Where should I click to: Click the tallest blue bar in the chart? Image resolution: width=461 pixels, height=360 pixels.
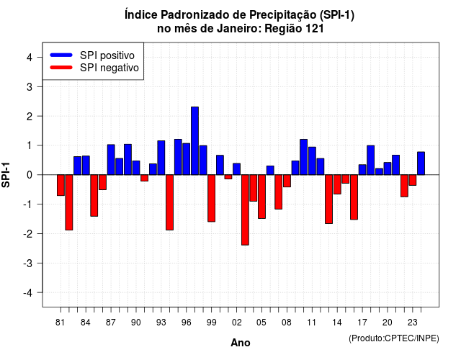click(194, 141)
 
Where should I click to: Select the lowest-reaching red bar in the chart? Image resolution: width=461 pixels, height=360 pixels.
click(245, 210)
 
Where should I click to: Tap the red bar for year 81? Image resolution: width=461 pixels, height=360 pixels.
click(61, 185)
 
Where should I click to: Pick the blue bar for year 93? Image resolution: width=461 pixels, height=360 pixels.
click(161, 158)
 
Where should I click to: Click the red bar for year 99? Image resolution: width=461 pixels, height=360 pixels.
click(211, 198)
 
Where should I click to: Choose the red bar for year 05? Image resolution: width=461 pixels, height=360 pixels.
click(261, 197)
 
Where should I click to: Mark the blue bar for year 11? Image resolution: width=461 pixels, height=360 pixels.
click(312, 161)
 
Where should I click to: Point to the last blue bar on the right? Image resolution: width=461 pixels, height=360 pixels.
click(421, 163)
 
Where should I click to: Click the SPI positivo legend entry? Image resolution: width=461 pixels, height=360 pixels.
click(92, 55)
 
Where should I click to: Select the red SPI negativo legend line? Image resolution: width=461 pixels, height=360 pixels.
click(61, 68)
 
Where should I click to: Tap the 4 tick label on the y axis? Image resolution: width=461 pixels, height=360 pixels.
click(30, 58)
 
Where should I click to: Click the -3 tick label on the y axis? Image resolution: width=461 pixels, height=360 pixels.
click(28, 263)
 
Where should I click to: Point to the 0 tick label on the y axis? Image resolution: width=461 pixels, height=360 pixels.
click(30, 175)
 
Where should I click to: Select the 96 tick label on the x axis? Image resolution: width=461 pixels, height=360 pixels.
click(186, 323)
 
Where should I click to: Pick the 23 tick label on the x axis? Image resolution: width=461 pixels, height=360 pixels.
click(413, 323)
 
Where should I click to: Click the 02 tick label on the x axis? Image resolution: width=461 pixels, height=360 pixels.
click(237, 323)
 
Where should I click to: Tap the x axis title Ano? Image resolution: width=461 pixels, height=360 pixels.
click(241, 343)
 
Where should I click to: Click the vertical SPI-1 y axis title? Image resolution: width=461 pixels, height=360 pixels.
click(6, 175)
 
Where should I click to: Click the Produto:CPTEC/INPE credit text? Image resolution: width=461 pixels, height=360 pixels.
click(394, 338)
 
